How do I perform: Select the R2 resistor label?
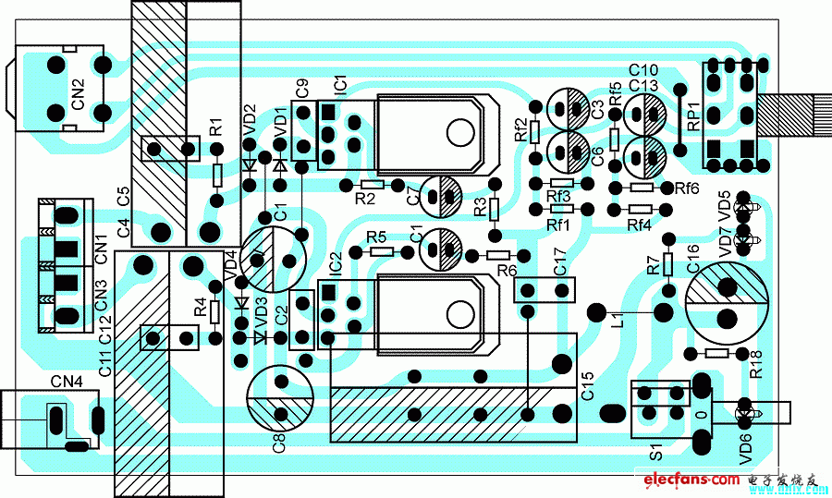coord(365,199)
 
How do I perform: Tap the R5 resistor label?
coord(376,237)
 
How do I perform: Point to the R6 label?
coord(506,271)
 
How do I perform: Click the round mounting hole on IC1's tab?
coord(459,132)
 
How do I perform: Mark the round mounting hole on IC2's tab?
coord(459,311)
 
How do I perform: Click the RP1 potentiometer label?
coord(690,115)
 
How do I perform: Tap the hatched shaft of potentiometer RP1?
coord(801,115)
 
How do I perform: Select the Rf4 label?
coord(639,225)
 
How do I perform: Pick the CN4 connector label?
coord(67,381)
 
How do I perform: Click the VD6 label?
coord(746,449)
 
